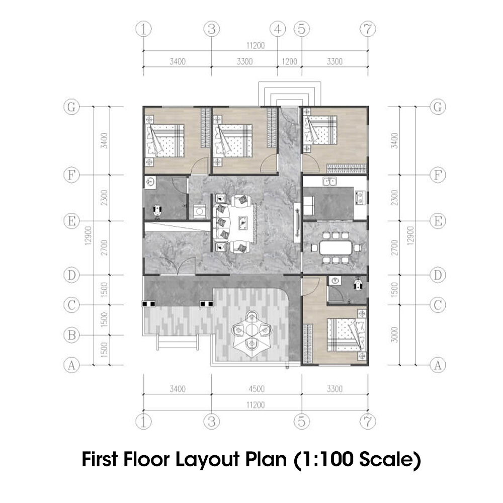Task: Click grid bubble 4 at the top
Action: [278, 30]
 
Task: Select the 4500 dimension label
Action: [256, 388]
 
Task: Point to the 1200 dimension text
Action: [289, 62]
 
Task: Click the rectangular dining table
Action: [334, 247]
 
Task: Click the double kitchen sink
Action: [330, 182]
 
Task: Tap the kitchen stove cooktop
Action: [360, 198]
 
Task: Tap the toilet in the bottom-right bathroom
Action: [358, 284]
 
